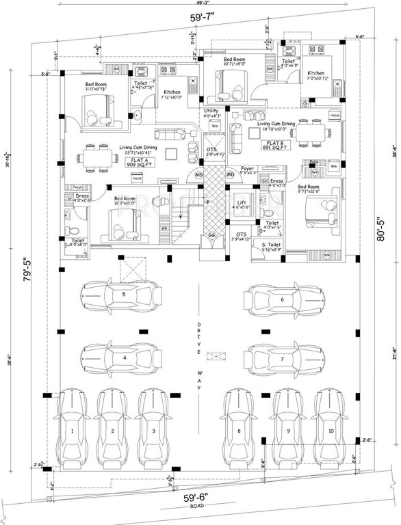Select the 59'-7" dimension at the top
coord(200,20)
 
